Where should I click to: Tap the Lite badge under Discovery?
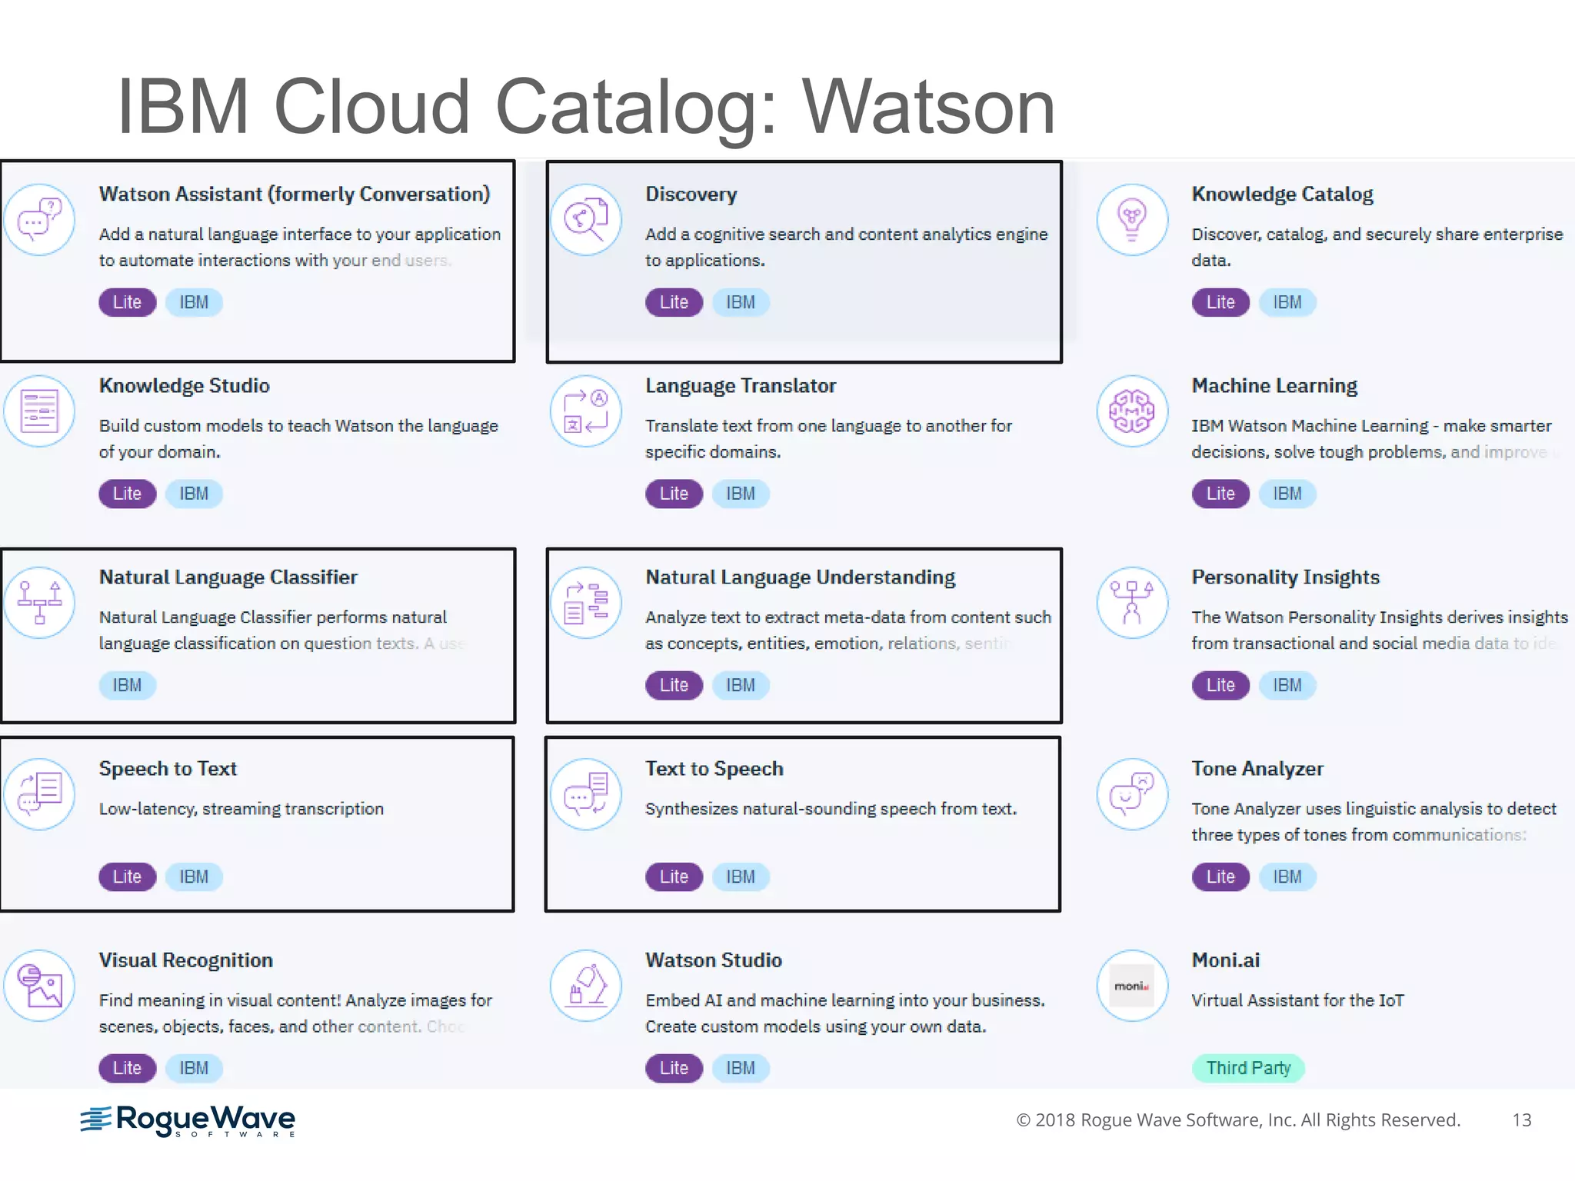click(674, 302)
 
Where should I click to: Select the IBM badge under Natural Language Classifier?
click(127, 685)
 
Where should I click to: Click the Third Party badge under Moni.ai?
click(1247, 1068)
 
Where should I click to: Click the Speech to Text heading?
click(168, 769)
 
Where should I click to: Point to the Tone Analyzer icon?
click(1132, 794)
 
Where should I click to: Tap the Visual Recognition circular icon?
click(39, 986)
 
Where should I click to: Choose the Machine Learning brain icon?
click(1132, 411)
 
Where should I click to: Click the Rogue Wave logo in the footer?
click(188, 1121)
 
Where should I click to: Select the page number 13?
click(1521, 1120)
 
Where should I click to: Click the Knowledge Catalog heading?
click(1282, 195)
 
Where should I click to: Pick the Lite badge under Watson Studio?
click(674, 1068)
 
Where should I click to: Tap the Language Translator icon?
click(586, 411)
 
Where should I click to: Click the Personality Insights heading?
click(1285, 577)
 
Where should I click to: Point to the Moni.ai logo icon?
click(1132, 986)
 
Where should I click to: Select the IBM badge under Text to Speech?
click(741, 877)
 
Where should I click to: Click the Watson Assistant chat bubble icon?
click(39, 219)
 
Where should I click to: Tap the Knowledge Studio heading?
click(184, 386)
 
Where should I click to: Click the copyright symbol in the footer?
click(1023, 1120)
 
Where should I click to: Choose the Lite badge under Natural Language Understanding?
click(674, 685)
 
